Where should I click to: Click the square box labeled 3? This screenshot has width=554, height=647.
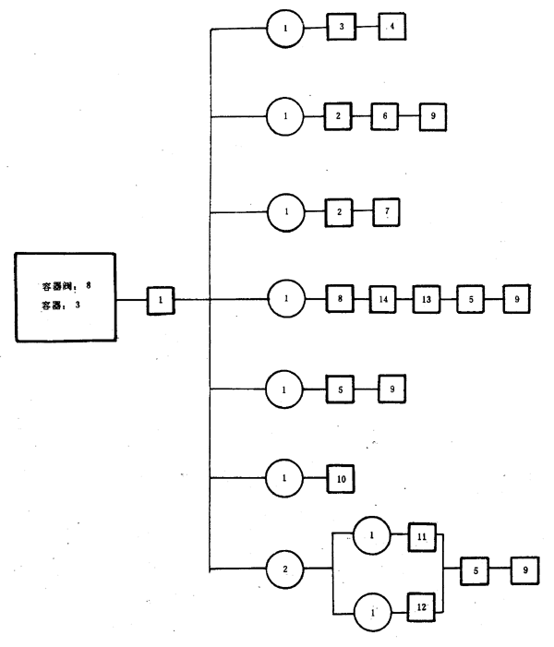pos(342,28)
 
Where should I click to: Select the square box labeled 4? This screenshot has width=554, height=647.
pos(391,28)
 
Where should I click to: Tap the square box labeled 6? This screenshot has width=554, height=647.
pos(385,117)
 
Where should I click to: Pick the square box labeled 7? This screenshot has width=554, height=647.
pos(387,210)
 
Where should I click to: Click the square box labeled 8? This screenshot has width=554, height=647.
pos(342,299)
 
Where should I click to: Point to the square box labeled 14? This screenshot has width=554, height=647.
pos(383,299)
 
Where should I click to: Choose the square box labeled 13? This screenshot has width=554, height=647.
pos(427,299)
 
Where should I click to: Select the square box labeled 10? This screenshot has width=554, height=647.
pos(343,481)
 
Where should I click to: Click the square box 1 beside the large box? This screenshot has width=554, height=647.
pos(161,300)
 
